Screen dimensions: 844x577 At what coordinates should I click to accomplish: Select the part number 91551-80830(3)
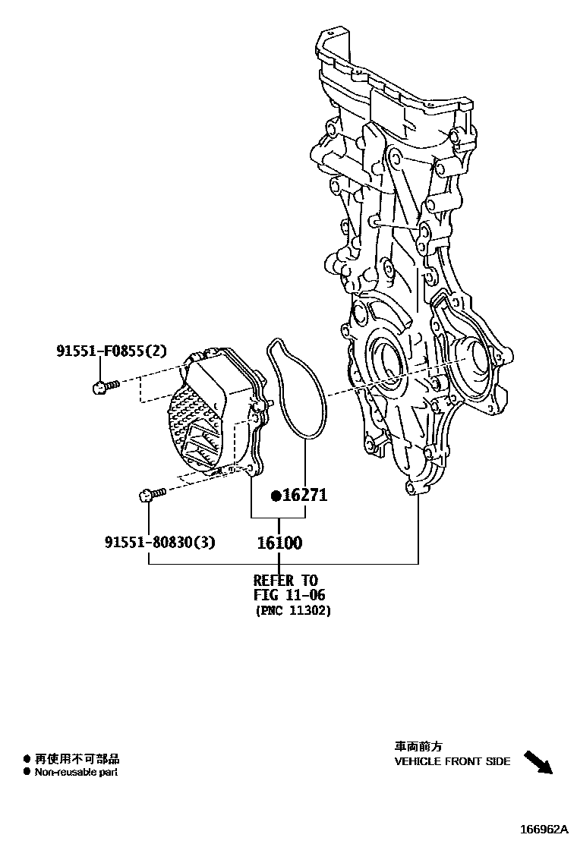point(160,542)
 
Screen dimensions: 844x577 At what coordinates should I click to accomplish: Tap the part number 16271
point(304,496)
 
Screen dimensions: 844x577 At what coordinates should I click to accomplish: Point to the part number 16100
point(279,543)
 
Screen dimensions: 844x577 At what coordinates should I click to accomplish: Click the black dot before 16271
point(276,496)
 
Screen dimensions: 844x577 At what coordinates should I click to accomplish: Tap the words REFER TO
point(285,581)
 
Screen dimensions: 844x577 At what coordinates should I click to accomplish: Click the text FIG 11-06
point(288,595)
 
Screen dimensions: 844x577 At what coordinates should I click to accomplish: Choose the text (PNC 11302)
point(292,610)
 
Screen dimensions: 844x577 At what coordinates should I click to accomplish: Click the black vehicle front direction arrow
point(538,761)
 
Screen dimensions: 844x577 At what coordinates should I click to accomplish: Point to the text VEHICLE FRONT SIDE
point(452,761)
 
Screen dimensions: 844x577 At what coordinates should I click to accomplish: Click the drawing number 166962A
point(544,829)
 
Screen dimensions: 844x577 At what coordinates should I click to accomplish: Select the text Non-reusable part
point(76,772)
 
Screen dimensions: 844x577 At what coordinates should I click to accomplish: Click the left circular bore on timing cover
point(386,355)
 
